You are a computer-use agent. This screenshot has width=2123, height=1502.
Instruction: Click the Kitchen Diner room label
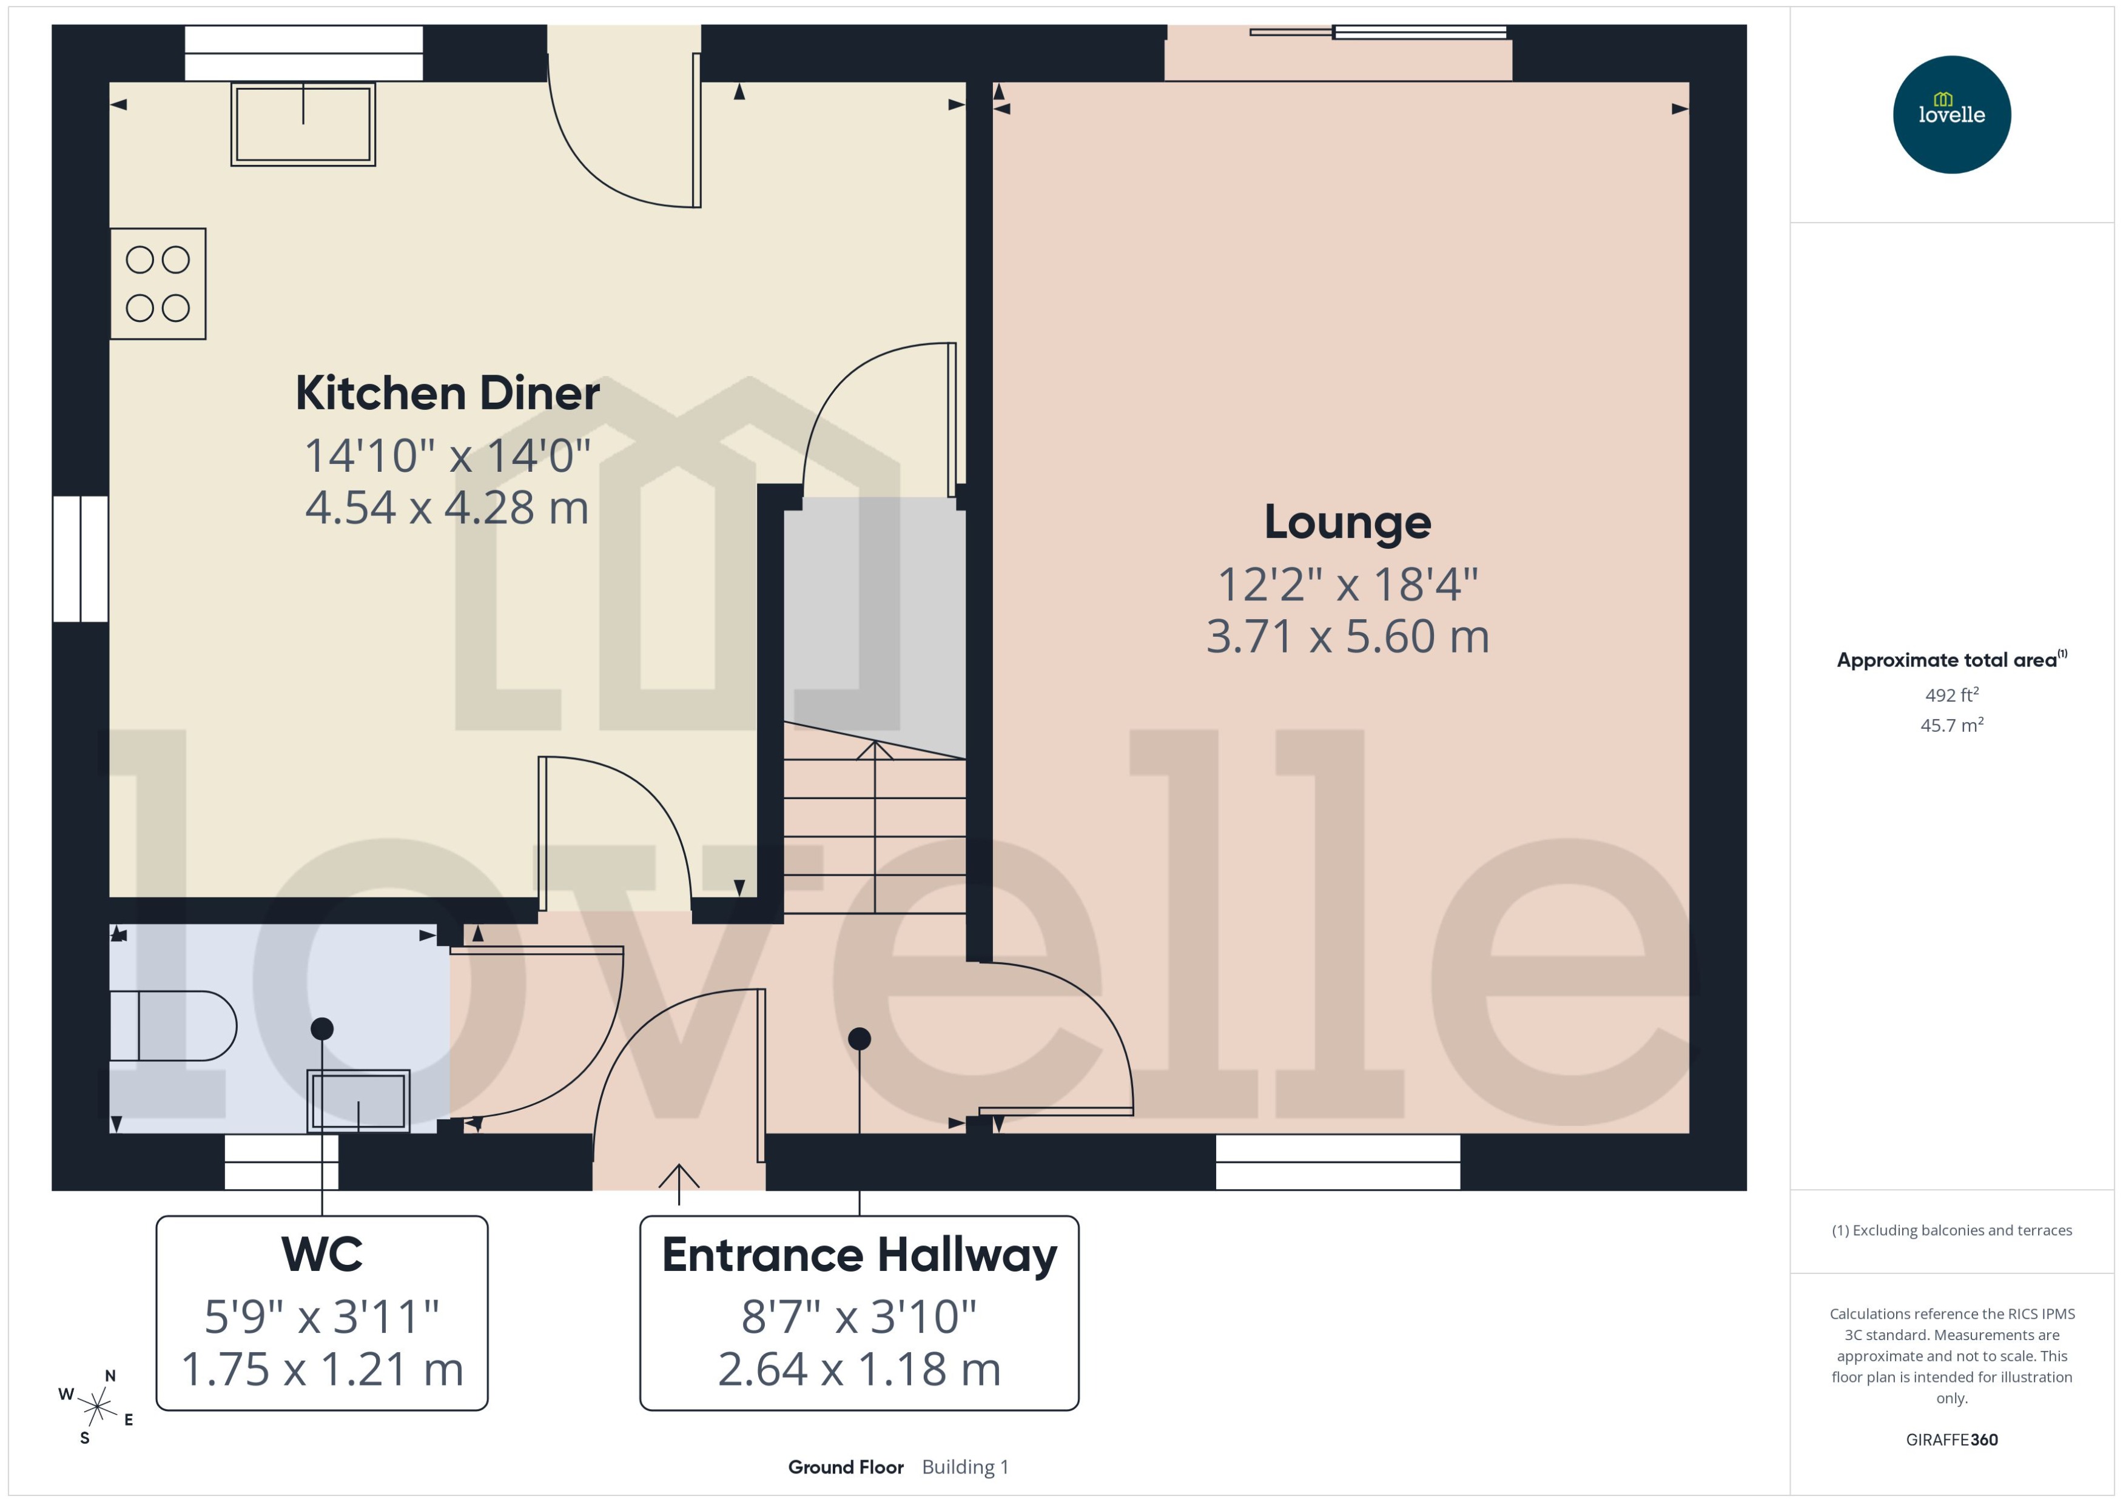(447, 393)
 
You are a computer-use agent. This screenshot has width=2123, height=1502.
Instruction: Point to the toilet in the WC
(173, 1025)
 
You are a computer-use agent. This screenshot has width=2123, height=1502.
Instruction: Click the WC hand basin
(358, 1101)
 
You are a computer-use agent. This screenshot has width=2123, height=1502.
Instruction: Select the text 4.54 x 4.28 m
(447, 508)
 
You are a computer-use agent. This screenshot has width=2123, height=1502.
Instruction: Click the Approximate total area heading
(1947, 660)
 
